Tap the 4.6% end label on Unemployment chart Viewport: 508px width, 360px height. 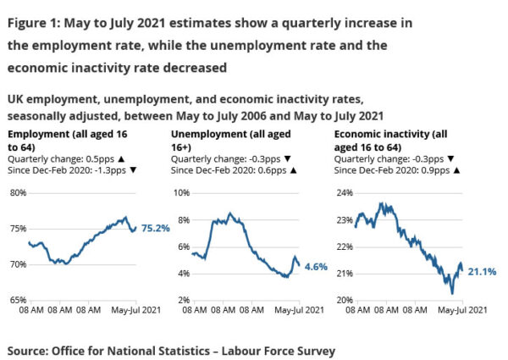(317, 266)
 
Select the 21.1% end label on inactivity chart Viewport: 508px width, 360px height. (481, 271)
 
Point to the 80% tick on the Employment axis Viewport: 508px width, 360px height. (14, 192)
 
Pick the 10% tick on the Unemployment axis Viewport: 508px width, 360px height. (181, 192)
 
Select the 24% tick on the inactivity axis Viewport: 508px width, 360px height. (345, 192)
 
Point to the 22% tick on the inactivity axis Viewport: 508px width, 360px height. (345, 246)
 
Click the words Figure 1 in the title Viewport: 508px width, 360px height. (35, 23)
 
